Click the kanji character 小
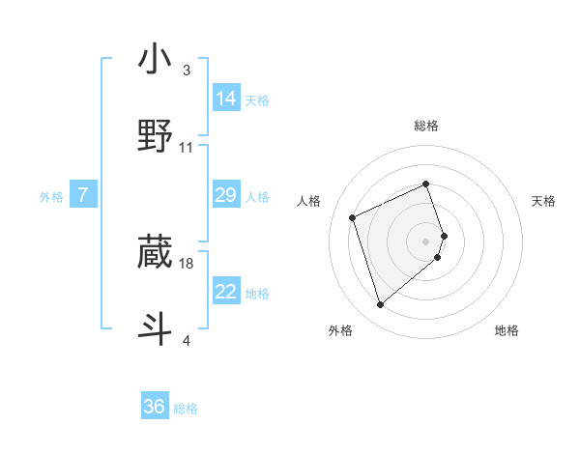[x=155, y=60]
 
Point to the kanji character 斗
[x=155, y=328]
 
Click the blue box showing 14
[x=226, y=98]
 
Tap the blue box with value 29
[x=226, y=195]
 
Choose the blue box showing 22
[x=226, y=292]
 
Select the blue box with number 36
[x=155, y=407]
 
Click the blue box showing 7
[x=83, y=195]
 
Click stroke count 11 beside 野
[x=187, y=148]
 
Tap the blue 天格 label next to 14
[x=257, y=100]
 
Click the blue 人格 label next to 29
[x=257, y=197]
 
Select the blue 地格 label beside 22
[x=257, y=294]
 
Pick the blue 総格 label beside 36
[x=186, y=410]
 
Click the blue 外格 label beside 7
[x=51, y=197]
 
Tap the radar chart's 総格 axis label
[x=426, y=126]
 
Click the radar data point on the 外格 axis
[x=380, y=305]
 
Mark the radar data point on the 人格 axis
[x=354, y=216]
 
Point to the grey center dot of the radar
[x=426, y=241]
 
